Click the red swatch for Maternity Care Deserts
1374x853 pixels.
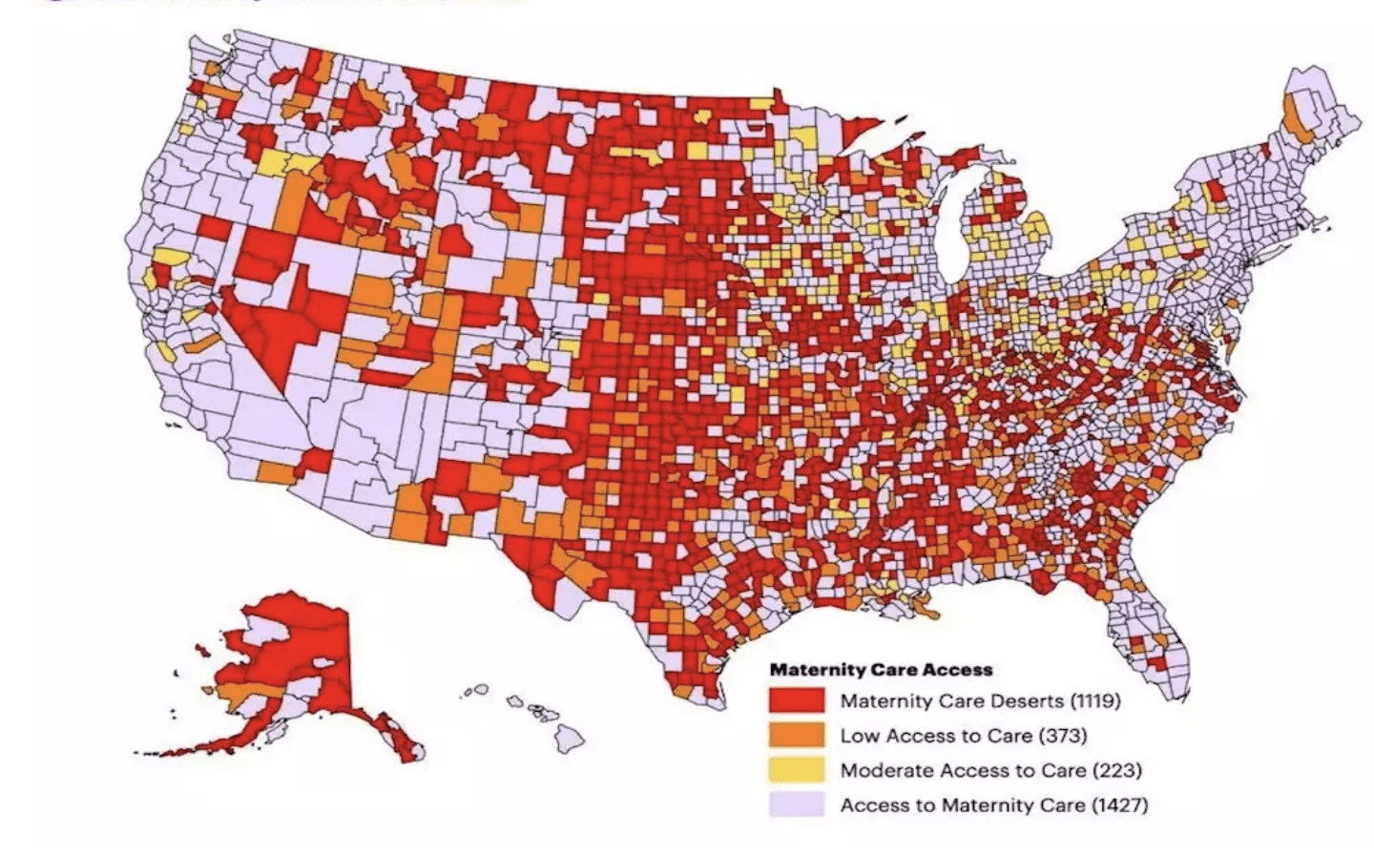(797, 700)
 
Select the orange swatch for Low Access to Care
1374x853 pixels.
(797, 735)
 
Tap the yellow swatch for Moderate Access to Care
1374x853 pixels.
(797, 769)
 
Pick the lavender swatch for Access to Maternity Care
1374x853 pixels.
(797, 804)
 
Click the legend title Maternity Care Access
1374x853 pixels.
(881, 670)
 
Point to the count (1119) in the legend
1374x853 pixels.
(1094, 701)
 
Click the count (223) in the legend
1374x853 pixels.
(1117, 770)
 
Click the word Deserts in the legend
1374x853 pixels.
(1029, 701)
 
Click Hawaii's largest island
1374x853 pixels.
(570, 735)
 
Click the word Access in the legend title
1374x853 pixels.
(959, 670)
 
